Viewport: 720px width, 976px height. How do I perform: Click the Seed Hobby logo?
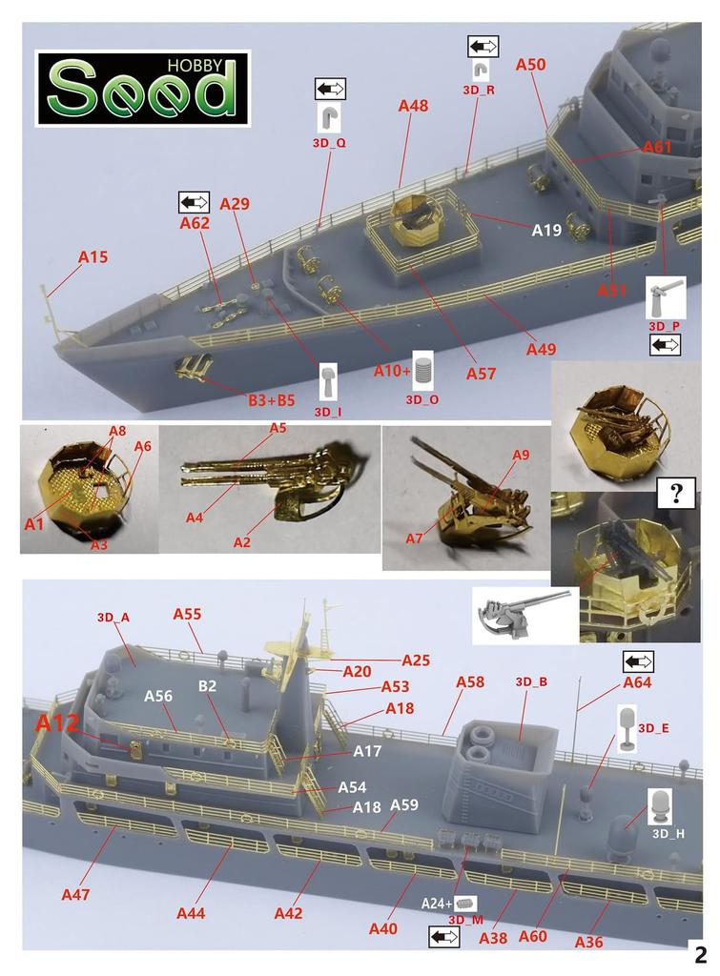pyautogui.click(x=143, y=89)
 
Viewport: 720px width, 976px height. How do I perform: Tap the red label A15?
pyautogui.click(x=93, y=257)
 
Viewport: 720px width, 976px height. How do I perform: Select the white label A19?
pyautogui.click(x=546, y=231)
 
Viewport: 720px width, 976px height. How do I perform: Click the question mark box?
pyautogui.click(x=676, y=493)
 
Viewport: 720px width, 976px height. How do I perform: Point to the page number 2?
pyautogui.click(x=701, y=954)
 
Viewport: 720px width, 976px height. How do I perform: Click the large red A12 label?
pyautogui.click(x=57, y=723)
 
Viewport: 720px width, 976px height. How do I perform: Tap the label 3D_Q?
pyautogui.click(x=329, y=143)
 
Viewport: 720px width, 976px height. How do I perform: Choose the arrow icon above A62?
pyautogui.click(x=194, y=202)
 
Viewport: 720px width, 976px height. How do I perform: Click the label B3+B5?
pyautogui.click(x=272, y=400)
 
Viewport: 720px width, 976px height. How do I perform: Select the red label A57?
pyautogui.click(x=481, y=374)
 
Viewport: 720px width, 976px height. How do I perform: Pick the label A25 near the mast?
pyautogui.click(x=416, y=661)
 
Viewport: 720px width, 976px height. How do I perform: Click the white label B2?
pyautogui.click(x=207, y=686)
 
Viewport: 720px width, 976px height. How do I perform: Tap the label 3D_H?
pyautogui.click(x=668, y=834)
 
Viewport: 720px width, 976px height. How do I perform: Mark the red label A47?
pyautogui.click(x=75, y=895)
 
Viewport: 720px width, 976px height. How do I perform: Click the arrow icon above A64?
pyautogui.click(x=638, y=661)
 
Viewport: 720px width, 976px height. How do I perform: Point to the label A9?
pyautogui.click(x=521, y=455)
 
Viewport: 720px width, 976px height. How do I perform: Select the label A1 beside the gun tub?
pyautogui.click(x=33, y=524)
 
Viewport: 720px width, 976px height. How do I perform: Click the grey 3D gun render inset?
pyautogui.click(x=525, y=615)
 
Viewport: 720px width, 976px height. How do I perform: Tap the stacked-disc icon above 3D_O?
pyautogui.click(x=422, y=371)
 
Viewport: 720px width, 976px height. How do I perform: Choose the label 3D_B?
pyautogui.click(x=531, y=682)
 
